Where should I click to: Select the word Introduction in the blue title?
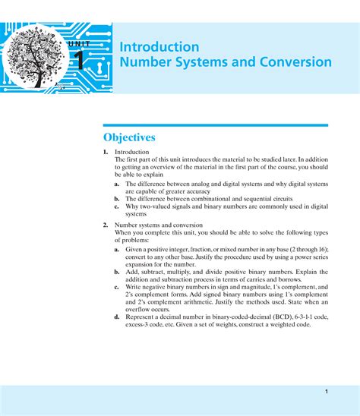tap(159, 46)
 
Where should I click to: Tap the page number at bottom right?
tap(325, 391)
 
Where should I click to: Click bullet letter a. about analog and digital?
tap(117, 184)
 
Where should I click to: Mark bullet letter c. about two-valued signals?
tap(117, 206)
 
